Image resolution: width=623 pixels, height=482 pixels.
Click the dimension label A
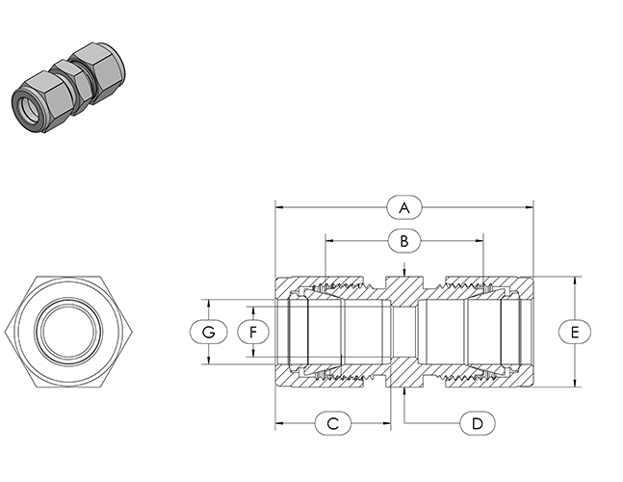click(x=404, y=206)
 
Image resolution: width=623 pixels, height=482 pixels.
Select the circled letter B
click(x=404, y=239)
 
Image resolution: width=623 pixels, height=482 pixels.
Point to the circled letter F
click(x=253, y=332)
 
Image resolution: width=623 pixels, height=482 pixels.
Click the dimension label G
click(x=207, y=332)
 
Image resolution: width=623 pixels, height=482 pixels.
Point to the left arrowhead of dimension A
click(x=279, y=206)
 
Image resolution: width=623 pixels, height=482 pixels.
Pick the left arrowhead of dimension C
click(x=279, y=423)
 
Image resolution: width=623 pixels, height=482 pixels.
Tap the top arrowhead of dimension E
click(x=575, y=281)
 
